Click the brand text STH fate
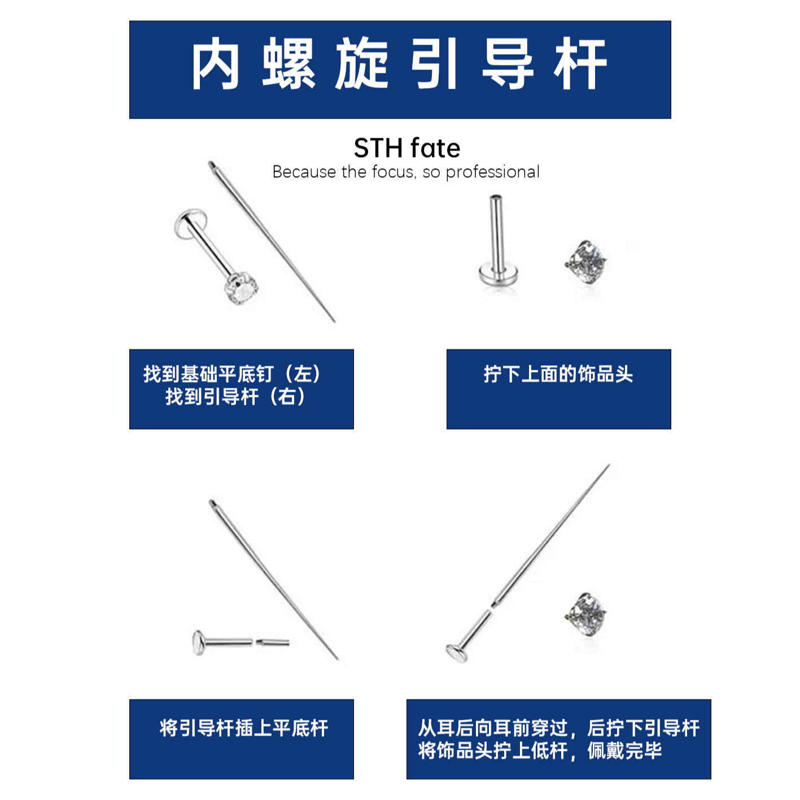[406, 148]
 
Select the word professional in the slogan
[492, 172]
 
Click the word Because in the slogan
[304, 172]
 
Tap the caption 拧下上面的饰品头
[558, 374]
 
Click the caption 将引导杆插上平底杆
[243, 728]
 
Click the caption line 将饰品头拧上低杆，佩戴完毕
[540, 751]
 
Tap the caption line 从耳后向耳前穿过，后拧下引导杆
[558, 728]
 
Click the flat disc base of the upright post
[498, 276]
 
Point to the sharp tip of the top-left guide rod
[334, 321]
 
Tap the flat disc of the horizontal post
[198, 642]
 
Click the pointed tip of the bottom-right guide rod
[609, 465]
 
